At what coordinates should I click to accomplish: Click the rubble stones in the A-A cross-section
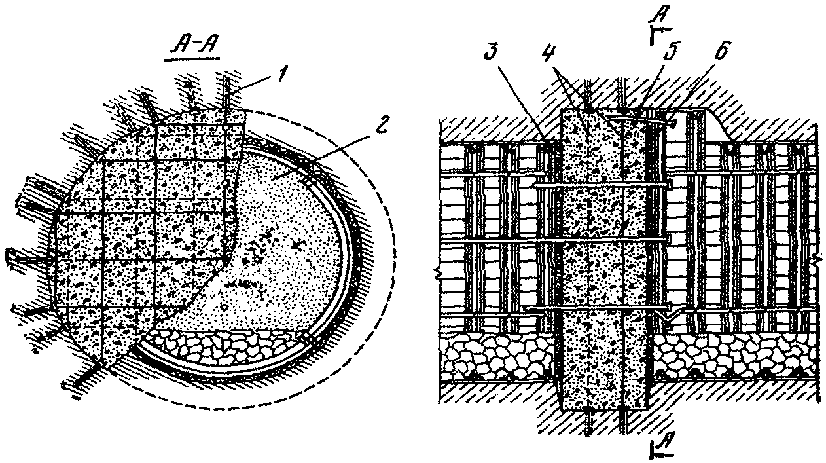(223, 344)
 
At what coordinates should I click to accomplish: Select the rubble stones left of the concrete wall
(497, 361)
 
